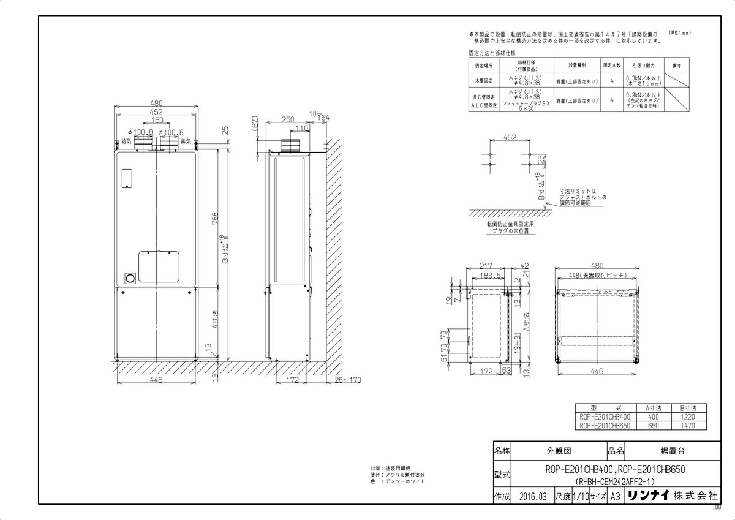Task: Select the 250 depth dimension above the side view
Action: click(x=288, y=119)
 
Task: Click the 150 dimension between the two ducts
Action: click(x=157, y=120)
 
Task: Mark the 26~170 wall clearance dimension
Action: click(x=349, y=380)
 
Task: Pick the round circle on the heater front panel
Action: click(x=130, y=278)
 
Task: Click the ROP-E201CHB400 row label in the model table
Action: click(x=603, y=416)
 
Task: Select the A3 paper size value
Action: click(x=614, y=496)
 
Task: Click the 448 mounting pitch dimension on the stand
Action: click(x=597, y=276)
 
